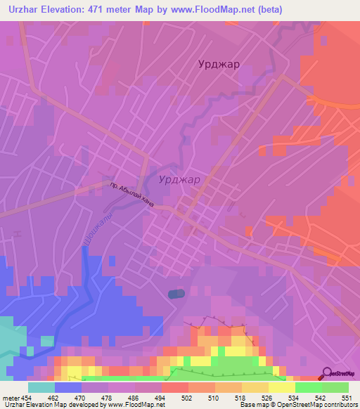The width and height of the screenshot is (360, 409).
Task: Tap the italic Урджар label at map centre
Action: (x=179, y=179)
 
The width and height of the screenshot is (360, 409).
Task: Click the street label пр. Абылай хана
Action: (x=131, y=193)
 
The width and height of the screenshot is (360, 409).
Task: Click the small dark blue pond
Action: (x=176, y=294)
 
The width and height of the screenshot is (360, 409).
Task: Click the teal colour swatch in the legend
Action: (x=41, y=387)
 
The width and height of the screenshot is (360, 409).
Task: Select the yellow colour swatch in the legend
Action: (x=281, y=387)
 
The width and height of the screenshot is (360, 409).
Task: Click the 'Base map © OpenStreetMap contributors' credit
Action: (x=296, y=405)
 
